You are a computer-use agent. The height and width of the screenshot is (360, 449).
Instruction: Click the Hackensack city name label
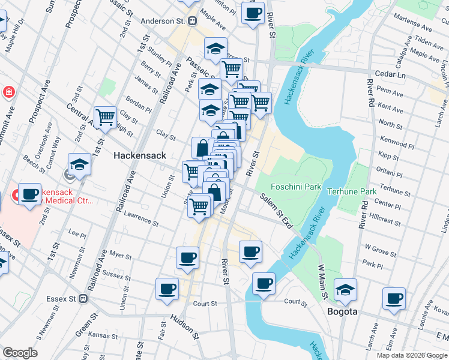[140, 155]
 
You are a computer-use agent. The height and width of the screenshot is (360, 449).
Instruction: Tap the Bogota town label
[343, 312]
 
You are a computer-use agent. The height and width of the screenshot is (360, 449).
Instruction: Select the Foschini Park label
[296, 187]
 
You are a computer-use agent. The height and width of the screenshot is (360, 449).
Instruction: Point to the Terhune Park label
[352, 191]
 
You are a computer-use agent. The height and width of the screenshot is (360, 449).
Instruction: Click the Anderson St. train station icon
[193, 21]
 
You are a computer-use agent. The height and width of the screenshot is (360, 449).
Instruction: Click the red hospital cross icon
[9, 92]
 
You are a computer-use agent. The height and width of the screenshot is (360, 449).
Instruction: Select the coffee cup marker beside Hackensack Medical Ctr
[29, 194]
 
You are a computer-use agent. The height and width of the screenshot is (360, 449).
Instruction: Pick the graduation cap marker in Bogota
[345, 289]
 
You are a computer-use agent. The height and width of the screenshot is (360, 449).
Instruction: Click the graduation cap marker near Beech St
[79, 164]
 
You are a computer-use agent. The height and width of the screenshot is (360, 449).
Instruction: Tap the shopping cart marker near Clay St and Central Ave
[106, 116]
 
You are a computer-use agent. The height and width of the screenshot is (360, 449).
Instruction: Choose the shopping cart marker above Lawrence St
[199, 207]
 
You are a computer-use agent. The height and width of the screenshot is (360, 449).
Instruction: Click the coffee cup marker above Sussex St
[187, 257]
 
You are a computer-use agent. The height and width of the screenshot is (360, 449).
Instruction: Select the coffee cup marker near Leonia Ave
[394, 298]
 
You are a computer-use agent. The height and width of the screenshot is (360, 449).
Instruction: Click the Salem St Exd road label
[276, 211]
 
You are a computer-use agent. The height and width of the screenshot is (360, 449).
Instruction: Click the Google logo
[20, 353]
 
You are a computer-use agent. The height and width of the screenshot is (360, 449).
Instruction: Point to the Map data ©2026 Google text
[411, 355]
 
